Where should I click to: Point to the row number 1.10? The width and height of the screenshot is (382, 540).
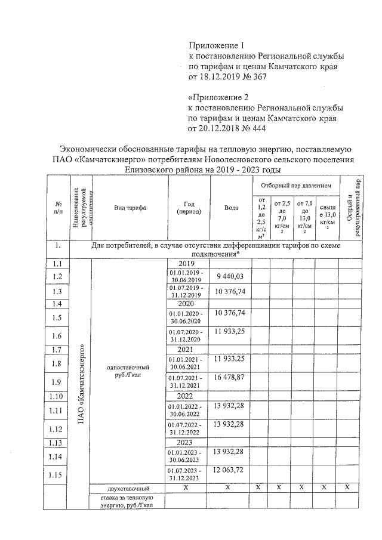57,396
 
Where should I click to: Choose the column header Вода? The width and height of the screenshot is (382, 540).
231,208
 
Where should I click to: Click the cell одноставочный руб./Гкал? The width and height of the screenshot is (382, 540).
127,371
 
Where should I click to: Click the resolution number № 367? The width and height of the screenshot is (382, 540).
254,77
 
